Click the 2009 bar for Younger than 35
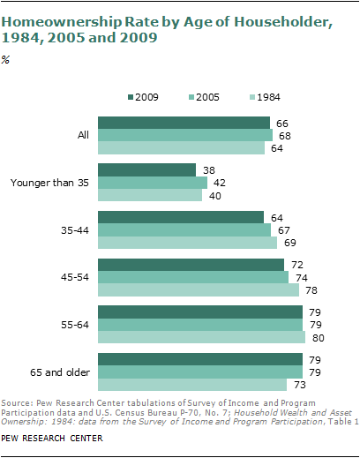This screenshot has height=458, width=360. (146, 170)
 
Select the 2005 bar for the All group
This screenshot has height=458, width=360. (185, 135)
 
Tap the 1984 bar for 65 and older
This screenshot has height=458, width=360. (192, 385)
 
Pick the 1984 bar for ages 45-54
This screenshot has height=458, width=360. (199, 290)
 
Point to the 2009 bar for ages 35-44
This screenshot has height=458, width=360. (181, 217)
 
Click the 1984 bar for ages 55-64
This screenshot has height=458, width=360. (201, 337)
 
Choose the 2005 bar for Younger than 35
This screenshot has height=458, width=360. (153, 183)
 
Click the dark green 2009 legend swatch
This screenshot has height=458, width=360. (131, 97)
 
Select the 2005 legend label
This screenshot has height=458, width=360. (207, 97)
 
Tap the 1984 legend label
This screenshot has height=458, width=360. (268, 97)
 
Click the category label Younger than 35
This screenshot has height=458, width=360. (49, 183)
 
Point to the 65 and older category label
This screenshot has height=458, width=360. (60, 372)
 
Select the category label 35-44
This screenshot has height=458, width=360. (75, 230)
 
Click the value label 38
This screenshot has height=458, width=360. (209, 170)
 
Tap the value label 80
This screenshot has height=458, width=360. (319, 338)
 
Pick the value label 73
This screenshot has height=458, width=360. (300, 385)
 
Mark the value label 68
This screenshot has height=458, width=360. (285, 136)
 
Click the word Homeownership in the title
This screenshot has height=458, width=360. (62, 22)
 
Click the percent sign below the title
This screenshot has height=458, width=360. (5, 60)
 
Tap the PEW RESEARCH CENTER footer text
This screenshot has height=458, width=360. (52, 439)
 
